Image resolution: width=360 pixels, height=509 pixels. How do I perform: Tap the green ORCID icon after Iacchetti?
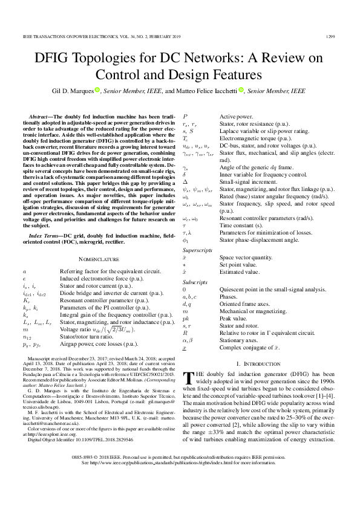coord(241,90)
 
